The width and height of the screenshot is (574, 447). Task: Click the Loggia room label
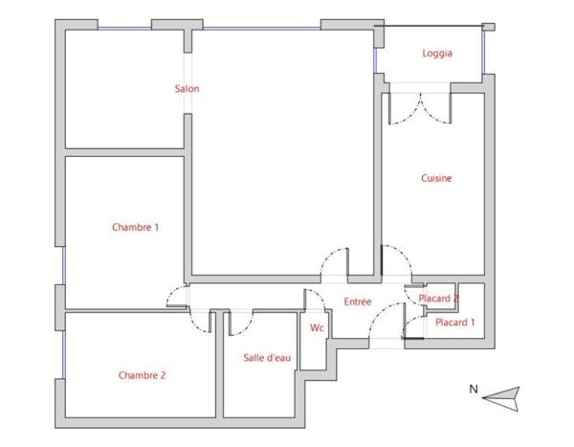437,54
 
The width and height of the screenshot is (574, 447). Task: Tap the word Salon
188,89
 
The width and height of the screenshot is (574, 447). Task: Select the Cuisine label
436,178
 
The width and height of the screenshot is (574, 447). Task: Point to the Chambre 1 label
136,227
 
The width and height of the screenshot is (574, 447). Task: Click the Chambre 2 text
142,375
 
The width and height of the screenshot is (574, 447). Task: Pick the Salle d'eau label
267,358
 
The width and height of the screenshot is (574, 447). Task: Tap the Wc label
317,327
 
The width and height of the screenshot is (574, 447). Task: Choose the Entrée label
358,302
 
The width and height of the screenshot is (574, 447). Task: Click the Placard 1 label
455,323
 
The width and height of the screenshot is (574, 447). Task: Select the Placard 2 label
438,299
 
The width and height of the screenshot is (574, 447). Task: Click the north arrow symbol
500,398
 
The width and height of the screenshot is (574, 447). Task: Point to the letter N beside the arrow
474,390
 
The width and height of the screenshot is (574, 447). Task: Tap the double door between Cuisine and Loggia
420,108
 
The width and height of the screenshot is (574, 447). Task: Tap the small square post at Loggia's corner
488,27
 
